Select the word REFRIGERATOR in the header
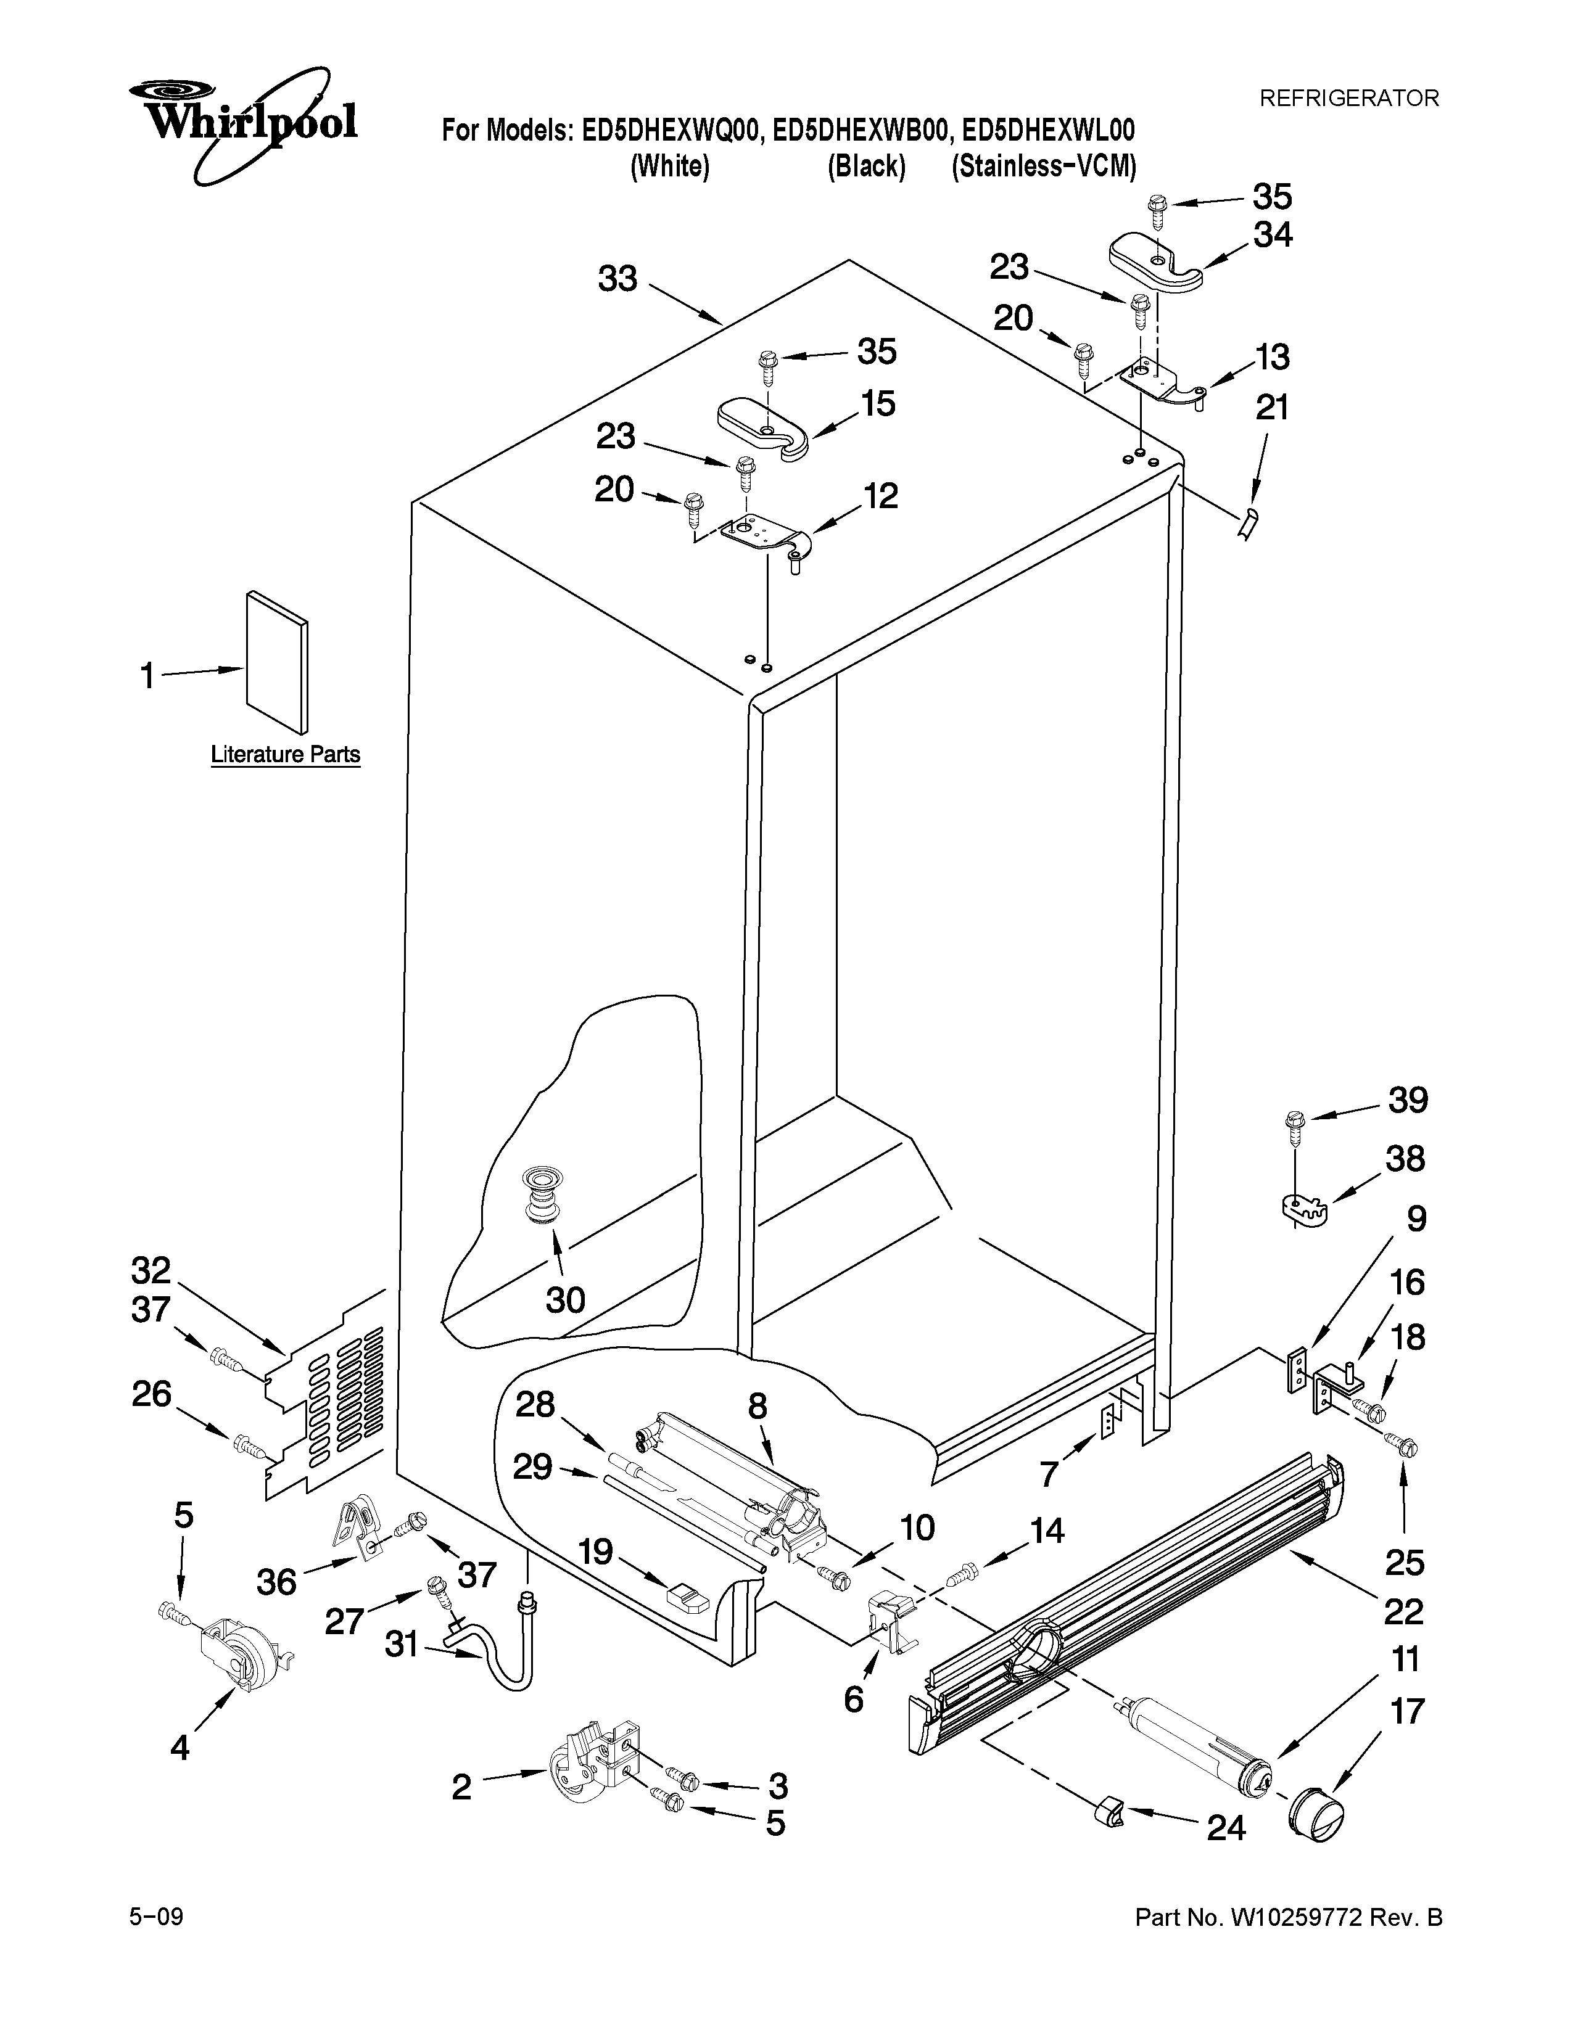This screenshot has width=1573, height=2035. point(1348,99)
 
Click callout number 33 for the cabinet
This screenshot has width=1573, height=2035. point(618,277)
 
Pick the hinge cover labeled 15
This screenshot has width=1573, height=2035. point(763,427)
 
